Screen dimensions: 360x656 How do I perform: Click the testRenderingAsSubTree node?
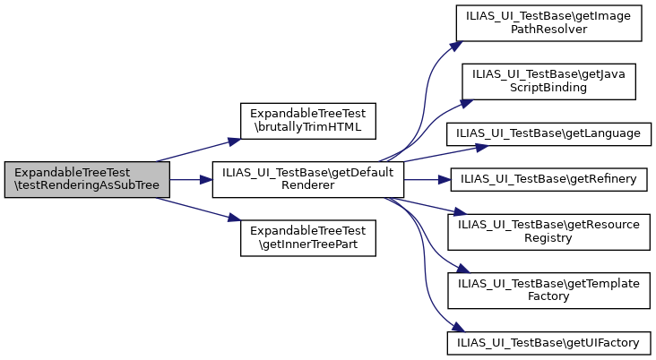(79, 180)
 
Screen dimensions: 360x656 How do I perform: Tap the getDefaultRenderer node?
(307, 180)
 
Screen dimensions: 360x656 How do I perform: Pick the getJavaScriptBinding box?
(548, 81)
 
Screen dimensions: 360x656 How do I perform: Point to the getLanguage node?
(548, 133)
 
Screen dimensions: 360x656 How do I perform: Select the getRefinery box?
(548, 180)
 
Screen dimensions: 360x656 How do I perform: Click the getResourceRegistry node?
(548, 231)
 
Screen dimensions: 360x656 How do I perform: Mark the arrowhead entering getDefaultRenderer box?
(206, 180)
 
